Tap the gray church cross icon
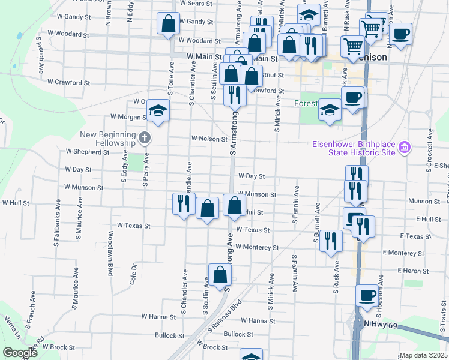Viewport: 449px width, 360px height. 144,139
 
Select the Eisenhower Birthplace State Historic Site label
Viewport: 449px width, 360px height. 353,148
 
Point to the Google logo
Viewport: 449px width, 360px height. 19,353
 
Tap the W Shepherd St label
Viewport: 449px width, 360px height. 88,152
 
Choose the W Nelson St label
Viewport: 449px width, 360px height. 209,139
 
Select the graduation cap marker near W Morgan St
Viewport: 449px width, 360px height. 158,111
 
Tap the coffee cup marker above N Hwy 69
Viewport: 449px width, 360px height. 367,295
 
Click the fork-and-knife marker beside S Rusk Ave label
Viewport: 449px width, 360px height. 331,241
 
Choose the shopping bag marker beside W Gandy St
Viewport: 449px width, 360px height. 169,24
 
